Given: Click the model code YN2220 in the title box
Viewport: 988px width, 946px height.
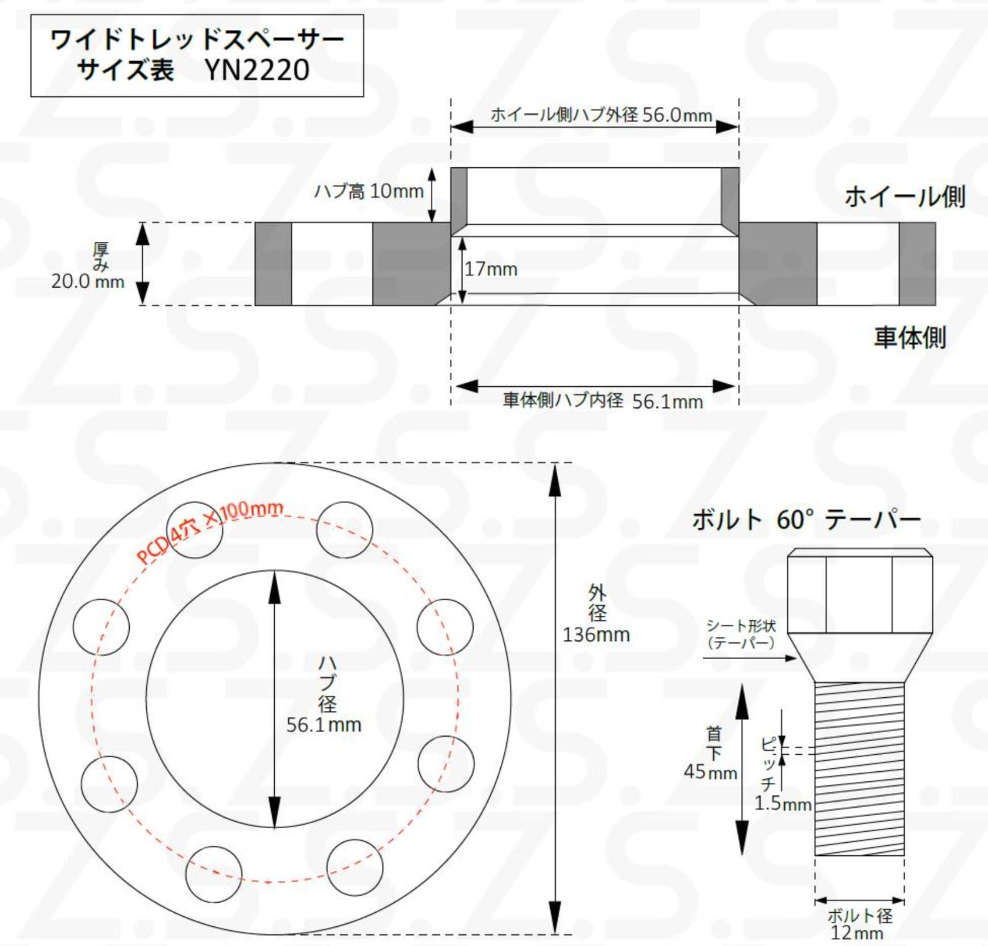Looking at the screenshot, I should [257, 70].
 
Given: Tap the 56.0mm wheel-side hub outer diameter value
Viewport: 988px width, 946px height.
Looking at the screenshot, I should [677, 115].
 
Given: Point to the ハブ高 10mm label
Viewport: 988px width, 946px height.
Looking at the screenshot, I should [369, 191].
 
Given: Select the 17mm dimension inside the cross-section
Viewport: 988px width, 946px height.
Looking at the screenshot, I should [491, 269].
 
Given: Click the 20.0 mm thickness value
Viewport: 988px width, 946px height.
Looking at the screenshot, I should [88, 282].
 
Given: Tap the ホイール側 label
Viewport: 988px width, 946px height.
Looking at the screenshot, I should [905, 197].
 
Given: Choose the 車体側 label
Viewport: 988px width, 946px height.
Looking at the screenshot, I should [910, 338].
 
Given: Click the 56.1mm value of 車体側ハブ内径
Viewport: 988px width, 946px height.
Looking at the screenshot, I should [668, 402].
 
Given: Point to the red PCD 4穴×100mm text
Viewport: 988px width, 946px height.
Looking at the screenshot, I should [210, 531].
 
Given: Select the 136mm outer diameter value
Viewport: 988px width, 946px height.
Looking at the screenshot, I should [596, 634].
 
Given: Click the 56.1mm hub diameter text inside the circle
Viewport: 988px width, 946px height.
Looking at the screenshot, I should [324, 724].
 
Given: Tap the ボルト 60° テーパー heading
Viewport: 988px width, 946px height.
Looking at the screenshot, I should [806, 520].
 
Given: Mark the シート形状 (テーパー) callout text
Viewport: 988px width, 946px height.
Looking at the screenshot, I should [741, 634].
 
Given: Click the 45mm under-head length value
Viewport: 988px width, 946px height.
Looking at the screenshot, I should [710, 772].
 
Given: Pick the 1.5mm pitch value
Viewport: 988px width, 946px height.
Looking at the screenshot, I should [782, 803].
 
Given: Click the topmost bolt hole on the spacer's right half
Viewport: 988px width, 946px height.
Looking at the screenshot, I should [345, 529].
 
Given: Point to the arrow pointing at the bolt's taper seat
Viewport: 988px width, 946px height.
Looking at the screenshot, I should [750, 658].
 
